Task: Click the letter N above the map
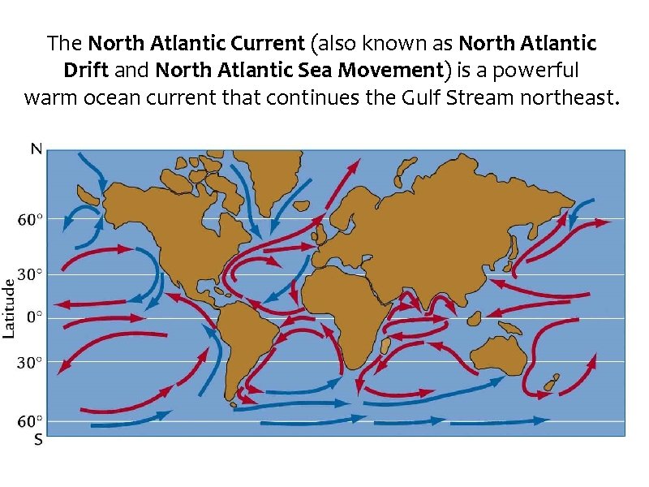(x=37, y=149)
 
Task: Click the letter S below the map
(x=37, y=441)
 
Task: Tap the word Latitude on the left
(x=10, y=308)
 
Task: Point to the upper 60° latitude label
(x=32, y=219)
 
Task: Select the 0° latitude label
(x=35, y=317)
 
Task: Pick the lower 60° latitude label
(x=32, y=421)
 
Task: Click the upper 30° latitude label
(x=32, y=275)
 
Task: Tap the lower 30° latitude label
(x=32, y=362)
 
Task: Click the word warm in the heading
(x=53, y=99)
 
